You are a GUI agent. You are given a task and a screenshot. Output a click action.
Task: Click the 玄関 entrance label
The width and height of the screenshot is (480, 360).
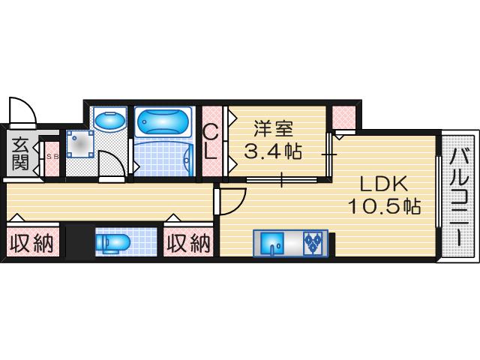20,154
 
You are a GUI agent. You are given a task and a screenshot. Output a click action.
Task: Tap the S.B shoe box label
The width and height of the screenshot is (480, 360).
52,157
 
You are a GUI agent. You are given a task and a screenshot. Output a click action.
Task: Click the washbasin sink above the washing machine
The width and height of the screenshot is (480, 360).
111,119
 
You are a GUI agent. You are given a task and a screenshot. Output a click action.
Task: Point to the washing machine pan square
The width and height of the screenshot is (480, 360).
79,143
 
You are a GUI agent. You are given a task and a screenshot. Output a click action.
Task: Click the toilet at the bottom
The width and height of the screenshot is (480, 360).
113,243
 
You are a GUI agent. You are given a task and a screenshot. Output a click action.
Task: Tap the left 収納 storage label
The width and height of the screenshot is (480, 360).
31,243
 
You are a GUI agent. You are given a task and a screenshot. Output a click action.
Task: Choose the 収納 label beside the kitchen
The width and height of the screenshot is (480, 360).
187,243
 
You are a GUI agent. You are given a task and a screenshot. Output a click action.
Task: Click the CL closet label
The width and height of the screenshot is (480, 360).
211,142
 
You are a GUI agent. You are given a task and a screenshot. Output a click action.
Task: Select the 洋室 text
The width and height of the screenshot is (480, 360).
271,130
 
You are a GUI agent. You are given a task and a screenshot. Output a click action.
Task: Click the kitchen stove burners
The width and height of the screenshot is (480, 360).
313,241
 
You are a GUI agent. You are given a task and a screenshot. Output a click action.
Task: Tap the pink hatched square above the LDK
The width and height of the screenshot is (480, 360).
343,117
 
